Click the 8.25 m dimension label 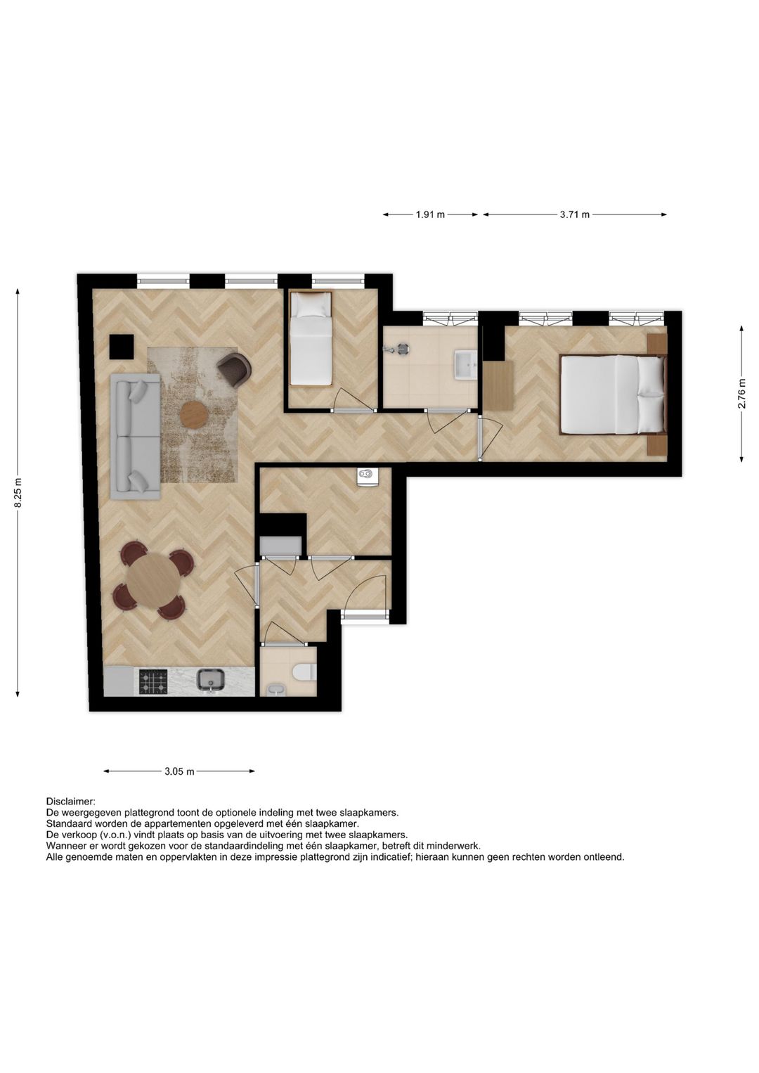tap(18, 492)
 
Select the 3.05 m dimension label tap(179, 771)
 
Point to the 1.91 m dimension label tap(430, 214)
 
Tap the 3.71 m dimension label tap(574, 214)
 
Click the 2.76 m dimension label tap(742, 394)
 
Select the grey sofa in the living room tap(135, 436)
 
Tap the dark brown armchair tap(234, 368)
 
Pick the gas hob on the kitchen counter tap(153, 681)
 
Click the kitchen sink tap(210, 680)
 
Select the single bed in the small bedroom tap(311, 339)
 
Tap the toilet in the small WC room tap(304, 672)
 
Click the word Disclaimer tap(70, 801)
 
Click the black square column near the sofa tap(122, 346)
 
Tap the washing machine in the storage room tap(368, 476)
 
